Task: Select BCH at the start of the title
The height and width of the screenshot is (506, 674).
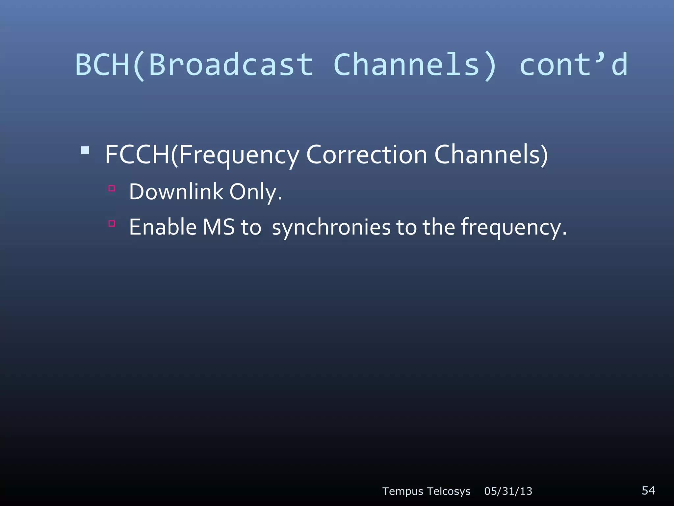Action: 102,65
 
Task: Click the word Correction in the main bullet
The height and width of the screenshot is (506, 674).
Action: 366,155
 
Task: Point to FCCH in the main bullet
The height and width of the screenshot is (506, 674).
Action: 137,155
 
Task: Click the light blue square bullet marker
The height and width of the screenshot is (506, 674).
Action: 85,151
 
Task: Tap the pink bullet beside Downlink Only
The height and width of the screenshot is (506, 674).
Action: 112,188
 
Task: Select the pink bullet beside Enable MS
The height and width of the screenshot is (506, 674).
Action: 112,224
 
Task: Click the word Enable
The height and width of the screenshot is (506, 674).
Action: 163,227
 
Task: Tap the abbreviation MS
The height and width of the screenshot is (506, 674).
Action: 219,227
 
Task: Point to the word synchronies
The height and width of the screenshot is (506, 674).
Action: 331,228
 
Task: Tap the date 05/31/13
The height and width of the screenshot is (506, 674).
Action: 508,491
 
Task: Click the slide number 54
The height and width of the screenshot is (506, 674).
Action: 648,491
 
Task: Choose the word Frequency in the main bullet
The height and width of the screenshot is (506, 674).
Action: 239,155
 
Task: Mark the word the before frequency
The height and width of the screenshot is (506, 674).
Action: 439,227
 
